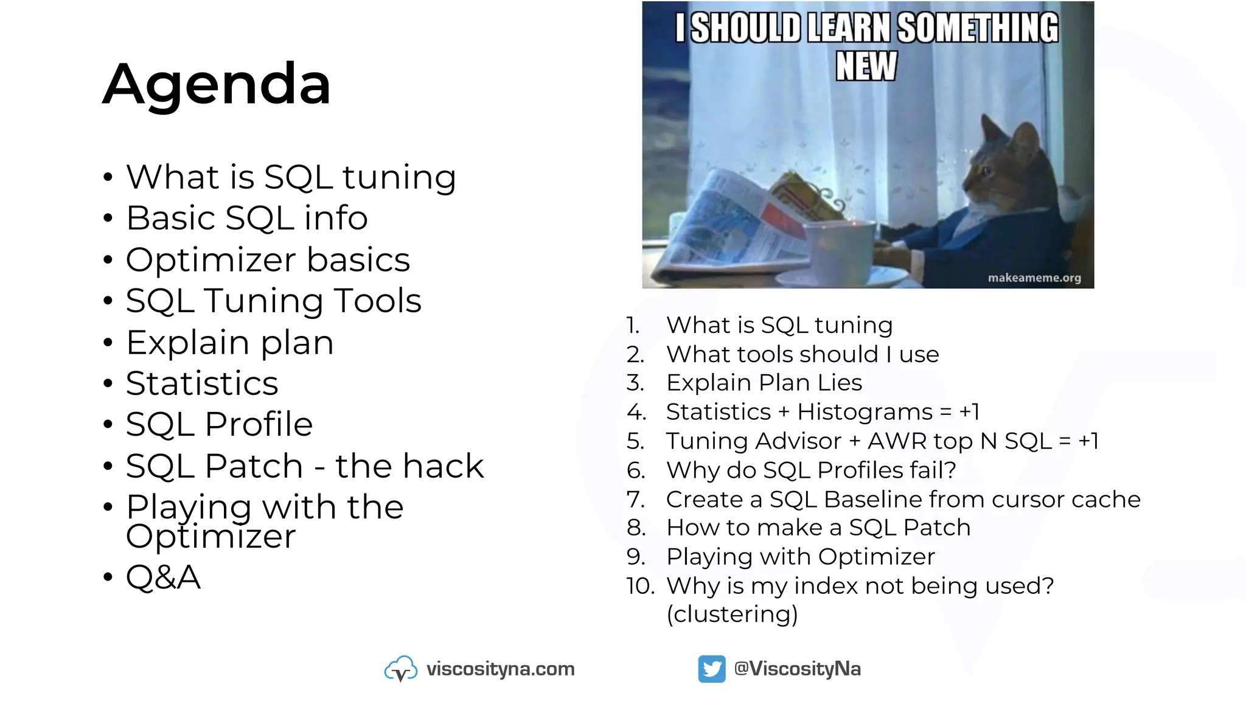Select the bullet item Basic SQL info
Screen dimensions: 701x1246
tap(246, 218)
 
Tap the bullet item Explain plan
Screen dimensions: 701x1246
tap(229, 342)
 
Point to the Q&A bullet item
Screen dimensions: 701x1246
tap(163, 577)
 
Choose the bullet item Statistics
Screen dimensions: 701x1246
tap(201, 383)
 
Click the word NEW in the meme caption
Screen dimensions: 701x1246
tap(866, 66)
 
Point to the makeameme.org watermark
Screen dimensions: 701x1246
tap(1034, 278)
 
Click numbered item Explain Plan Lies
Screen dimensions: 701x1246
tap(764, 383)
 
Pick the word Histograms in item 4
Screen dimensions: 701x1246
tap(865, 412)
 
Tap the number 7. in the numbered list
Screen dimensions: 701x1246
tap(636, 500)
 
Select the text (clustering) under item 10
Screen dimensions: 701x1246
tap(732, 614)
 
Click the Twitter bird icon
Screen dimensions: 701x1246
tap(711, 669)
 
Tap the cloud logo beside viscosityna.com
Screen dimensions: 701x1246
tap(400, 669)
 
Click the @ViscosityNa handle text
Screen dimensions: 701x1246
tap(797, 669)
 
